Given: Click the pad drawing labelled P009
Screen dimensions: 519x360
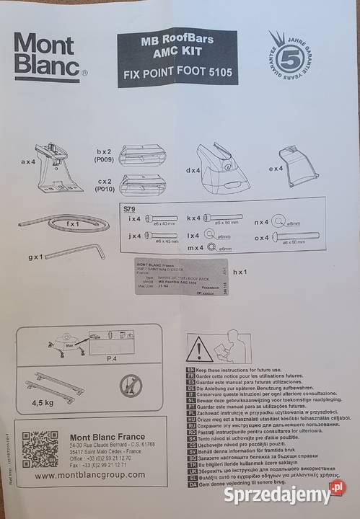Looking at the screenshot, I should [x=144, y=155].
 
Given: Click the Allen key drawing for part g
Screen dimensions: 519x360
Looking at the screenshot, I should [x=73, y=252].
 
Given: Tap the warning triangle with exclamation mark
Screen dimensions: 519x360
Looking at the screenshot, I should [x=199, y=350].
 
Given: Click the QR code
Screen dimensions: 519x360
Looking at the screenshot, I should [x=40, y=448].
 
